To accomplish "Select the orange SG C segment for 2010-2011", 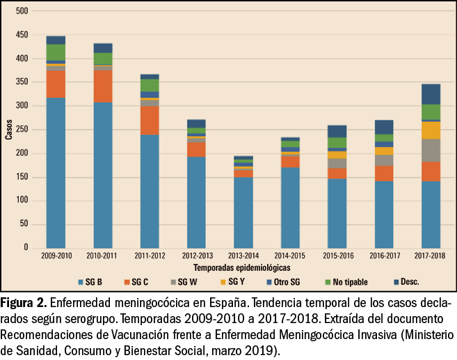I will point(102,86).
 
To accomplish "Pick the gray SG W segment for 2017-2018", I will point(431,150).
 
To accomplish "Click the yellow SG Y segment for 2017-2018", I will point(431,130).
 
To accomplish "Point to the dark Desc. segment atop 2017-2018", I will point(431,94).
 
